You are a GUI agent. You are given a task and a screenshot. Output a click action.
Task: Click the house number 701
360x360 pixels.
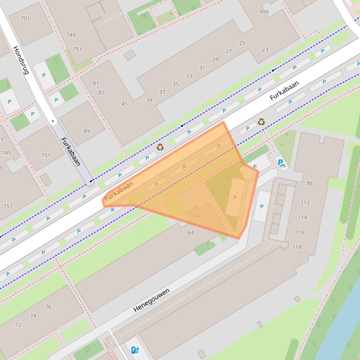click(25, 18)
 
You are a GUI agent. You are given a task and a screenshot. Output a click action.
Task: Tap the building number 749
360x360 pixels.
click(71, 35)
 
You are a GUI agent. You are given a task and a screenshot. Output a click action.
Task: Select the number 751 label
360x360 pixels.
click(77, 49)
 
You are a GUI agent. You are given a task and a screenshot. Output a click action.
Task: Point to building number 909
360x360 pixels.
click(264, 12)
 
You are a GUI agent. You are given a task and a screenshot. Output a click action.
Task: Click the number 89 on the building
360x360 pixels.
click(87, 131)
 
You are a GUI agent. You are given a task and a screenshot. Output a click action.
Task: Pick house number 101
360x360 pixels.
click(46, 155)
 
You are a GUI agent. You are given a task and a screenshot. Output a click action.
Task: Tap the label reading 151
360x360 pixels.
click(8, 206)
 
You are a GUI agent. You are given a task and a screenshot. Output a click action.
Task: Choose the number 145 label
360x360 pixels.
click(6, 153)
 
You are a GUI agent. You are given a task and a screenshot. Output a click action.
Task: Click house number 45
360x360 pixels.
click(125, 104)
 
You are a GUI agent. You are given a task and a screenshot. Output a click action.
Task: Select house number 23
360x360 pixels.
click(265, 50)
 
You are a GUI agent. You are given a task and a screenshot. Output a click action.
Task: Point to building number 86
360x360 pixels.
click(310, 183)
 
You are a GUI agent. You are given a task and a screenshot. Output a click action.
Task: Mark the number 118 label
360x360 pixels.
click(297, 247)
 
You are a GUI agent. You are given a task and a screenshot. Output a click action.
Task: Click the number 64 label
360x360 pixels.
click(191, 232)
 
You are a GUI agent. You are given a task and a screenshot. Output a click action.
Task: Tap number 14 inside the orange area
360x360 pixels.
click(197, 216)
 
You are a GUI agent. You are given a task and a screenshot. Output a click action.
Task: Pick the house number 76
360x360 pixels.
click(48, 307)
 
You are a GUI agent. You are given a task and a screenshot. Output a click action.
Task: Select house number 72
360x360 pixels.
click(18, 325)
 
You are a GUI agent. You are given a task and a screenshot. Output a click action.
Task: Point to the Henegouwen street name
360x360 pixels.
click(151, 300)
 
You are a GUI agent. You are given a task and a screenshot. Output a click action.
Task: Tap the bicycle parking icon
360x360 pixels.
click(281, 163)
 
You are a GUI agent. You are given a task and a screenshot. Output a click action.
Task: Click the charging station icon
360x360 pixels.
click(135, 349)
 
